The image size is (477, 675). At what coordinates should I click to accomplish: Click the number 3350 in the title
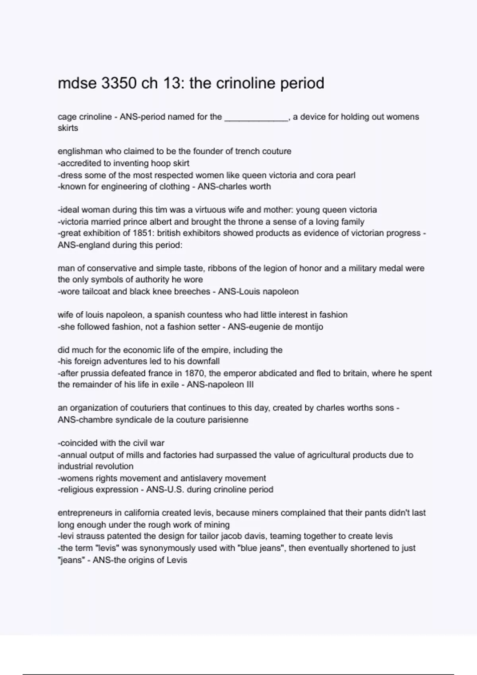point(119,83)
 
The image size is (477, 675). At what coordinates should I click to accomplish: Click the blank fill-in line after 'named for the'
point(256,117)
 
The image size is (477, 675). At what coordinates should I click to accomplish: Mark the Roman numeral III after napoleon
point(249,384)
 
